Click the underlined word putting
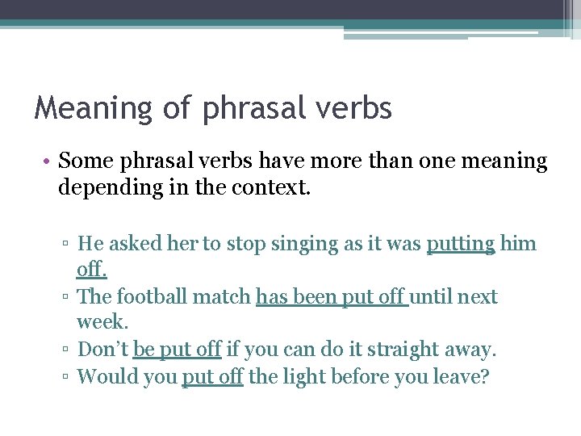coord(460,244)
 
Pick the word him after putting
coord(518,244)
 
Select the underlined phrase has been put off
coord(332,297)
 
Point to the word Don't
coord(102,350)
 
